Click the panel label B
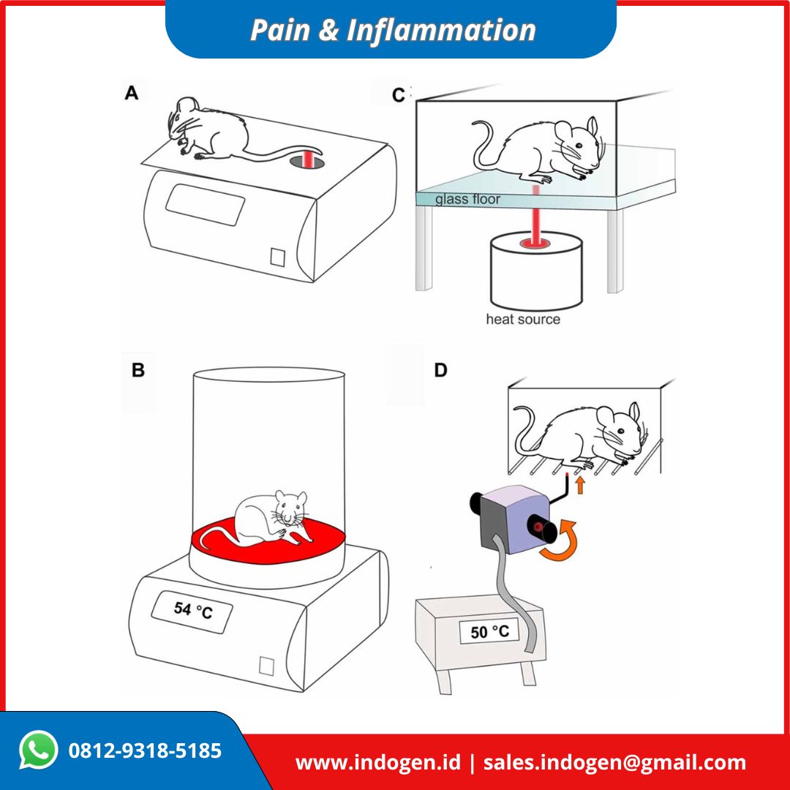pyautogui.click(x=138, y=370)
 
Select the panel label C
pyautogui.click(x=398, y=96)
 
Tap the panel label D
pyautogui.click(x=440, y=370)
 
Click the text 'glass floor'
pyautogui.click(x=468, y=199)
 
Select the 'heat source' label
pyautogui.click(x=523, y=320)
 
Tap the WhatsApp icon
pyautogui.click(x=38, y=750)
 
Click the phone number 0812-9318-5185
pyautogui.click(x=145, y=750)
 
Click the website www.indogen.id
pyautogui.click(x=377, y=762)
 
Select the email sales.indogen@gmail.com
pyautogui.click(x=614, y=762)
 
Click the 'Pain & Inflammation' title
pyautogui.click(x=393, y=31)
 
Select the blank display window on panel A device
pyautogui.click(x=205, y=206)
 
